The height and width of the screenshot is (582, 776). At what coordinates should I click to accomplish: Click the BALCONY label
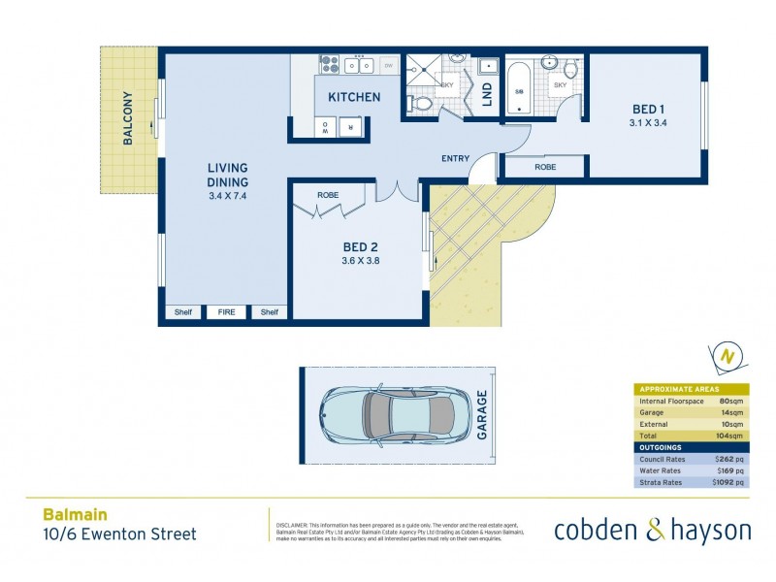(x=128, y=118)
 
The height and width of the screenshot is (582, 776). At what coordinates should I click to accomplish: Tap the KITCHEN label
(x=354, y=97)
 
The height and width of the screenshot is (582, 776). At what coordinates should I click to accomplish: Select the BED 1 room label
(x=649, y=109)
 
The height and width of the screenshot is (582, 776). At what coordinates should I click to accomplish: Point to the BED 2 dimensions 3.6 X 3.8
(x=359, y=260)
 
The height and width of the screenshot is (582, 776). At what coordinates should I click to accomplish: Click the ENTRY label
(x=455, y=159)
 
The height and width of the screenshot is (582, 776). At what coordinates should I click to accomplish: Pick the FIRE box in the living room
(x=226, y=312)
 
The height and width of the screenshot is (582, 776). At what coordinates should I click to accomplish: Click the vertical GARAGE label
(x=482, y=416)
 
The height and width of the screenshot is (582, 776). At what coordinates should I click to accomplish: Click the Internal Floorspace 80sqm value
(x=730, y=401)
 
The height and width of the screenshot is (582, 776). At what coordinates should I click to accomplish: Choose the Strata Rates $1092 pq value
(x=728, y=482)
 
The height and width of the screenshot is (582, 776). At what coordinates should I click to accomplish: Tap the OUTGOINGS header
(x=661, y=447)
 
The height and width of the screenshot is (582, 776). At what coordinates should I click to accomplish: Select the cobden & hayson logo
(x=652, y=530)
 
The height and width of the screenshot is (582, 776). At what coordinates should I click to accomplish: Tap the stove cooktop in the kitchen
(x=329, y=65)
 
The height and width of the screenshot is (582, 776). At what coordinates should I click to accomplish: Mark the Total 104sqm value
(x=730, y=436)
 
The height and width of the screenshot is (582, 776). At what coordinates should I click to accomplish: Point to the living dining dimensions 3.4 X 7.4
(x=228, y=197)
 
